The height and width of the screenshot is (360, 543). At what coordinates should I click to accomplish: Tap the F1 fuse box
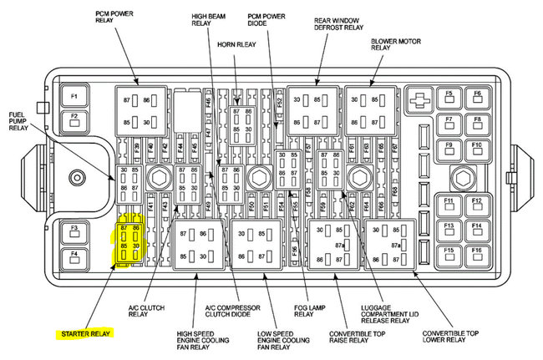74,95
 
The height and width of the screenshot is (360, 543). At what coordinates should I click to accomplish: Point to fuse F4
74,254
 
